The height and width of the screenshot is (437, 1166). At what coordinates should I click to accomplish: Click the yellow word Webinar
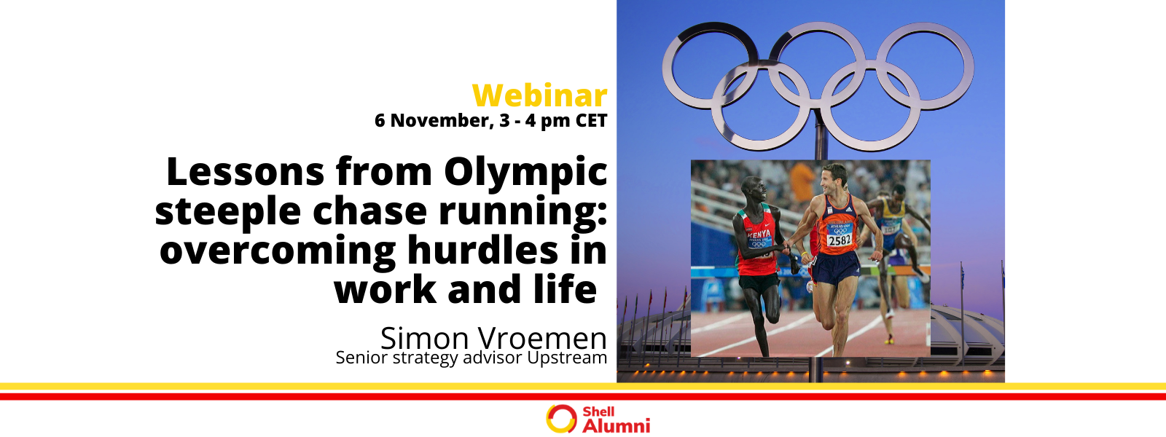point(539,96)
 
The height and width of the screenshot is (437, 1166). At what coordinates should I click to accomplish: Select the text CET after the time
point(591,121)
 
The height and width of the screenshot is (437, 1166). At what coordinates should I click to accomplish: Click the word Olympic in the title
point(525,173)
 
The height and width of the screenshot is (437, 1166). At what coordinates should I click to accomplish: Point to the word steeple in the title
point(228,212)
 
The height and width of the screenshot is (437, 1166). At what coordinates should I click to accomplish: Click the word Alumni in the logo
point(616,425)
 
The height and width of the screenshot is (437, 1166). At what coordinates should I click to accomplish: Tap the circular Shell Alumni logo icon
point(561,419)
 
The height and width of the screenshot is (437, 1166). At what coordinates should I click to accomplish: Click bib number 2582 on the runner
point(839,240)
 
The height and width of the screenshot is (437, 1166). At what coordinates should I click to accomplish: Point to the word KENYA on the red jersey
point(759,234)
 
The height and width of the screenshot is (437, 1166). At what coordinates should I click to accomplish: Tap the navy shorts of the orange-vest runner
point(836,269)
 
